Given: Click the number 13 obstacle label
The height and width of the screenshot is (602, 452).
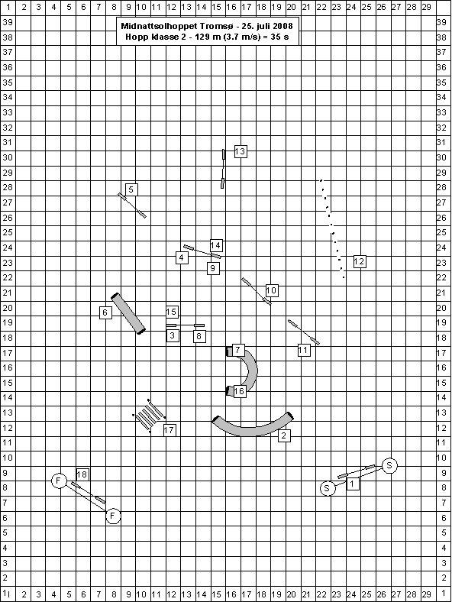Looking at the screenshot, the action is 241,151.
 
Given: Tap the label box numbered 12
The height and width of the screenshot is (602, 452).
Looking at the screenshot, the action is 359,262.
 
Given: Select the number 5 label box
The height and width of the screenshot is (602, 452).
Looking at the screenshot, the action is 131,189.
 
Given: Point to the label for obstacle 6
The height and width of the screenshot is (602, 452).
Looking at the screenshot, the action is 105,312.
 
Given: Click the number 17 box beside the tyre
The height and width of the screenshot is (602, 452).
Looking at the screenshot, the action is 169,430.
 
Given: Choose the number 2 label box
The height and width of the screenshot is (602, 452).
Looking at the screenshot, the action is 284,435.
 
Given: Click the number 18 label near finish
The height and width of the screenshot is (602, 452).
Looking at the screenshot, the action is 82,474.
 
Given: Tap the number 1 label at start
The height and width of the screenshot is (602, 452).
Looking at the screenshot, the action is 352,484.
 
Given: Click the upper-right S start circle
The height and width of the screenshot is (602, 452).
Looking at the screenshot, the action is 389,466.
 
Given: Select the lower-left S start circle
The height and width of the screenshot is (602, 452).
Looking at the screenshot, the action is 328,488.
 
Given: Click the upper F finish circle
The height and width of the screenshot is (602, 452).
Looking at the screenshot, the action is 59,481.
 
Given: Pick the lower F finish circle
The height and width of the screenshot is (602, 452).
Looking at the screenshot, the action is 113,516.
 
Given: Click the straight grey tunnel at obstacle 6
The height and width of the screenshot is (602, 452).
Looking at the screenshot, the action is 128,314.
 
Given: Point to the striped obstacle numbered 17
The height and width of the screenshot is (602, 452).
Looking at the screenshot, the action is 149,416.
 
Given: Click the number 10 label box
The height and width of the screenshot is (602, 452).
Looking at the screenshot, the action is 272,290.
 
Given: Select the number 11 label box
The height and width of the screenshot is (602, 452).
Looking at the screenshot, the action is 304,350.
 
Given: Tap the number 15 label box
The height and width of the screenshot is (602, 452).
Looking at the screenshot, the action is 172,312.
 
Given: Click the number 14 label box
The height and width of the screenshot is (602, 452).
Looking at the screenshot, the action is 216,245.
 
